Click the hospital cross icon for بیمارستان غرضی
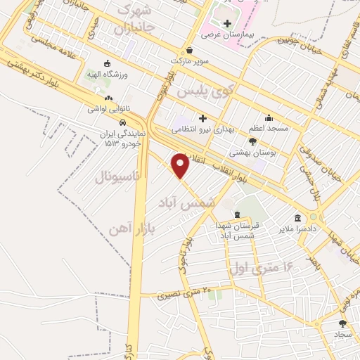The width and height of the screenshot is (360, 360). coord(226,23)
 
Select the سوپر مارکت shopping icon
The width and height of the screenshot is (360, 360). coord(190,51)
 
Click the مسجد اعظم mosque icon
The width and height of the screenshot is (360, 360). coord(268,118)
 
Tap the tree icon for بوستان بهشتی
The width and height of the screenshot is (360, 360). coord(252,141)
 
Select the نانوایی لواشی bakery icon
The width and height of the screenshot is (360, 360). coord(108,99)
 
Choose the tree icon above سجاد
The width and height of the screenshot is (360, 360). coord(342,323)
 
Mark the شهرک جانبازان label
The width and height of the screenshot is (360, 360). coord(134,20)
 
